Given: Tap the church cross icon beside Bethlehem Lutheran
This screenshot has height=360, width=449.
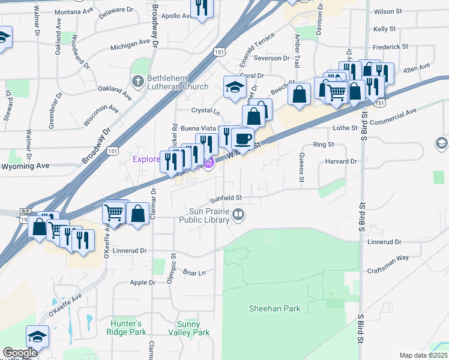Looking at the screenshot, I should pyautogui.click(x=138, y=80).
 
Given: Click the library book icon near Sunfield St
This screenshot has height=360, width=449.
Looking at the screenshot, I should pyautogui.click(x=239, y=215).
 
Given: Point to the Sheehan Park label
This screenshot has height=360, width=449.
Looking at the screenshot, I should pyautogui.click(x=275, y=308).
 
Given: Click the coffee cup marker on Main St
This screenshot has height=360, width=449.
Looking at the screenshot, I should pyautogui.click(x=243, y=139).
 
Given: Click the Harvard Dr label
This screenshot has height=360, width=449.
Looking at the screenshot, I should pyautogui.click(x=342, y=161).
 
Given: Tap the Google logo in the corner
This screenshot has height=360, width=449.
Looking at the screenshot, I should pyautogui.click(x=19, y=353).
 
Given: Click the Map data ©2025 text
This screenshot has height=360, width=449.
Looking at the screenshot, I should pyautogui.click(x=423, y=355).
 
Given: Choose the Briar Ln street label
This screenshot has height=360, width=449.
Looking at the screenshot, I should pyautogui.click(x=194, y=272).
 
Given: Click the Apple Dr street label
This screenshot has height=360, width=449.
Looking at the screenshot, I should pyautogui.click(x=143, y=282).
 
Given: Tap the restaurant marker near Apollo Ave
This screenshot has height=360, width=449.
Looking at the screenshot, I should pyautogui.click(x=201, y=7).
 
